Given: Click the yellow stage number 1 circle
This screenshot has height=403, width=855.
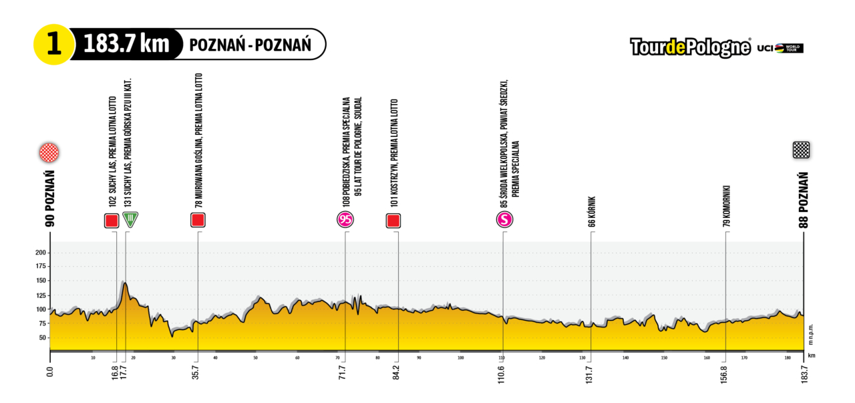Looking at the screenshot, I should [51, 45].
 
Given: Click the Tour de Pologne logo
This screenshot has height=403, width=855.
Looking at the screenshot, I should [691, 47].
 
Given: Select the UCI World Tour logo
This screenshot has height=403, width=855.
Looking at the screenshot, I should [780, 48].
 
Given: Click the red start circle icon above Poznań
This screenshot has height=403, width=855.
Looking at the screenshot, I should [49, 152].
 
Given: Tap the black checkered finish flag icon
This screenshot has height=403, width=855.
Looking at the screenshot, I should [802, 150].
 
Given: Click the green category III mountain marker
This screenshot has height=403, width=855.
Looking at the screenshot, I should [131, 220].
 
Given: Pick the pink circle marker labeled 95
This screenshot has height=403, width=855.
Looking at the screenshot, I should [345, 220].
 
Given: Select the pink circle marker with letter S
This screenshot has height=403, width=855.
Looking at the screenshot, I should [504, 220].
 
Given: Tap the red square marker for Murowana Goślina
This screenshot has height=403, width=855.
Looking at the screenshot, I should [198, 220].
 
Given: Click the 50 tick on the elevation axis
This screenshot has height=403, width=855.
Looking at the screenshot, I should [41, 338].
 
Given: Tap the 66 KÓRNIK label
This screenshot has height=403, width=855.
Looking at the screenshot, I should [592, 212].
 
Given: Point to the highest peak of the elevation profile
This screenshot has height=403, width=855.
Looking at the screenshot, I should [125, 283].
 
